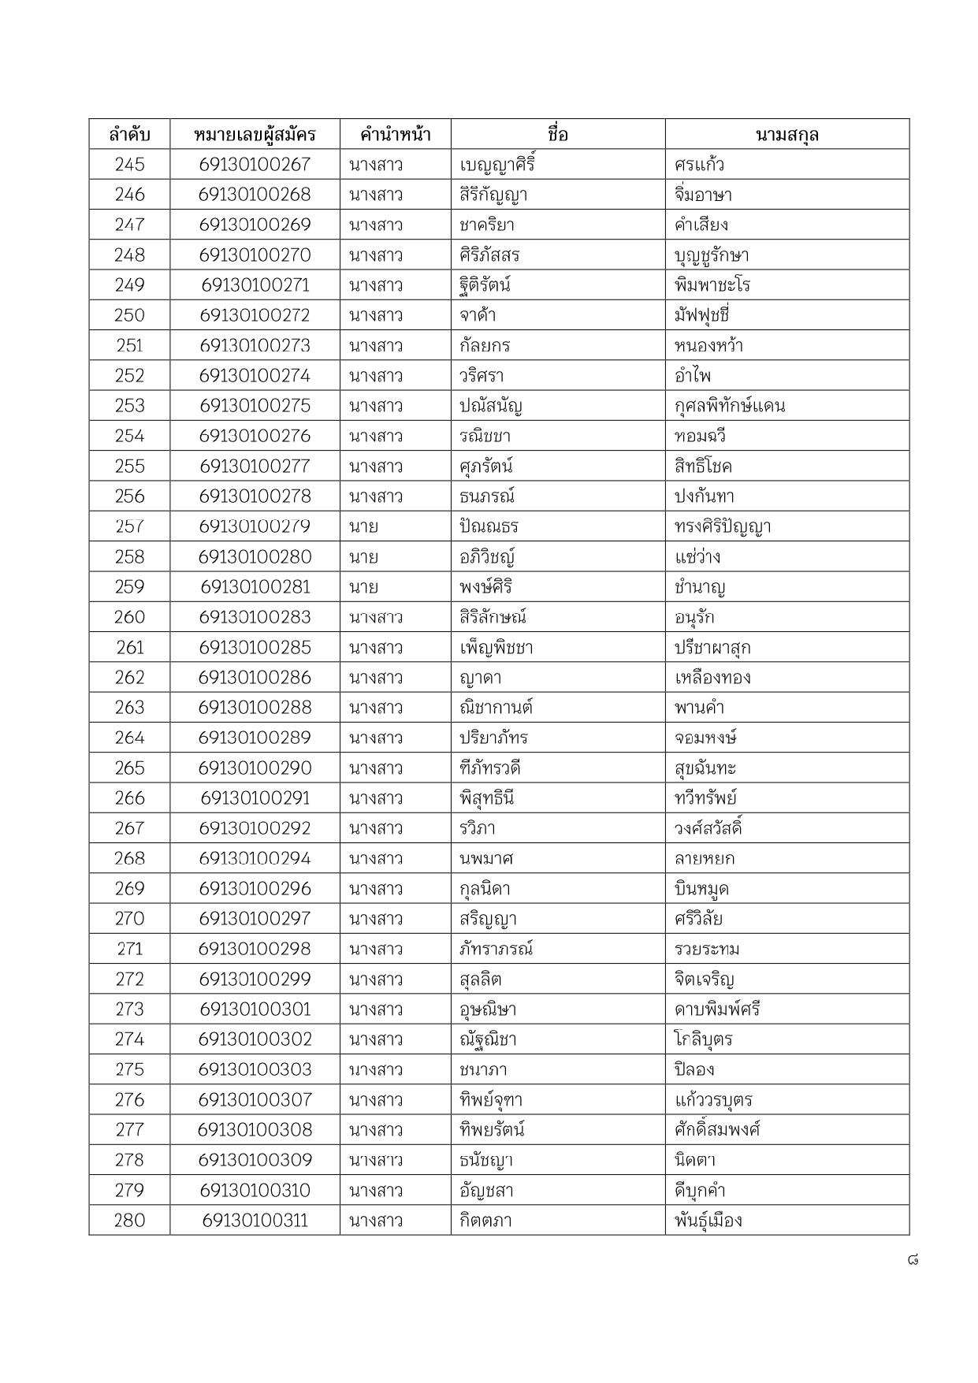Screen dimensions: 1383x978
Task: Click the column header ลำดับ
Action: click(129, 135)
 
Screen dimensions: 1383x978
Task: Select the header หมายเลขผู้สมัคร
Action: click(255, 135)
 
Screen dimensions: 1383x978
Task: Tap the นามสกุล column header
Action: click(786, 135)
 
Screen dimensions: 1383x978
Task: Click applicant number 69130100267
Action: click(255, 165)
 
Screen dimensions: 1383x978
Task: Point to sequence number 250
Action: click(129, 315)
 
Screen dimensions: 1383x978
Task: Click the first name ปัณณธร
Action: click(489, 526)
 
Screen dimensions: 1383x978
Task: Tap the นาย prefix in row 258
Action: click(363, 557)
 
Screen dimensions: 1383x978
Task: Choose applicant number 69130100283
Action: click(255, 617)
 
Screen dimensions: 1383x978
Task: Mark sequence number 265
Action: click(129, 768)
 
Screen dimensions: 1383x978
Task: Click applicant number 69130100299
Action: click(255, 980)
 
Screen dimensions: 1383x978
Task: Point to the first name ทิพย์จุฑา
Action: click(491, 1100)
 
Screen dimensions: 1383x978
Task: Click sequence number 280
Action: click(129, 1221)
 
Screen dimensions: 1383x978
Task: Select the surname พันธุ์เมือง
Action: click(708, 1221)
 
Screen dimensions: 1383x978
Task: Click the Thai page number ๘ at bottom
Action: click(912, 1260)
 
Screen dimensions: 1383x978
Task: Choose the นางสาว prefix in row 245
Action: click(376, 165)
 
